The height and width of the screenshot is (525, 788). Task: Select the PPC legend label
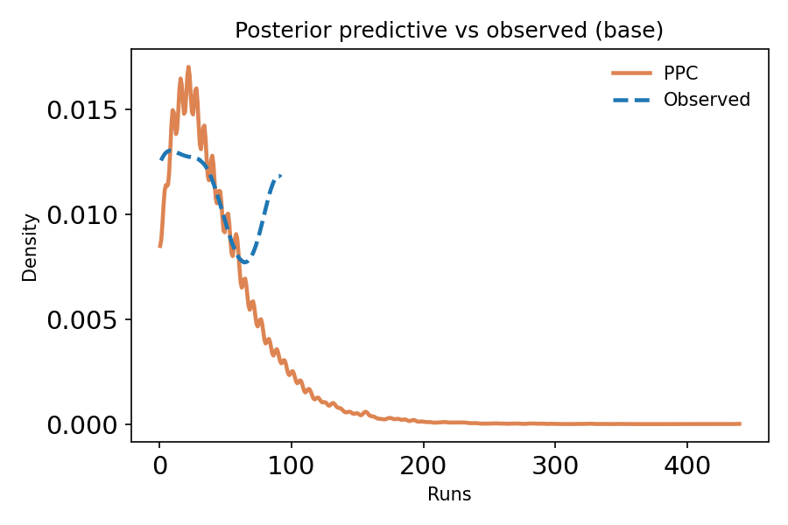(x=680, y=73)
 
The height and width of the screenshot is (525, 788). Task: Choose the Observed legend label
(x=707, y=100)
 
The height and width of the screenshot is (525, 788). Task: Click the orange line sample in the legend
(x=630, y=73)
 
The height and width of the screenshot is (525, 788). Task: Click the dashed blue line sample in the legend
(x=630, y=100)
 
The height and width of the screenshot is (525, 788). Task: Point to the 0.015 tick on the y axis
(x=82, y=110)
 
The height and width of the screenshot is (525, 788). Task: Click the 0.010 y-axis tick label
(x=82, y=215)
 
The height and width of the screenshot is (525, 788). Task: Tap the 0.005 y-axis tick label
(x=82, y=320)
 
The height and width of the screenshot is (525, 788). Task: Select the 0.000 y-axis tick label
(x=82, y=425)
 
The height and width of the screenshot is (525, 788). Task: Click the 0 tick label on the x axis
(x=159, y=467)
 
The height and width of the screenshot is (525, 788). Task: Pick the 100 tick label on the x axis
(x=292, y=467)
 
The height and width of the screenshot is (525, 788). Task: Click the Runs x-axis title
(x=449, y=495)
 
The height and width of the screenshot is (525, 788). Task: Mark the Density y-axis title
(x=31, y=247)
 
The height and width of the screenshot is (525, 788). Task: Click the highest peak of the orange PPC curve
(x=188, y=66)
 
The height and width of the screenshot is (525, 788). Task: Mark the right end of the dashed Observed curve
(x=280, y=176)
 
